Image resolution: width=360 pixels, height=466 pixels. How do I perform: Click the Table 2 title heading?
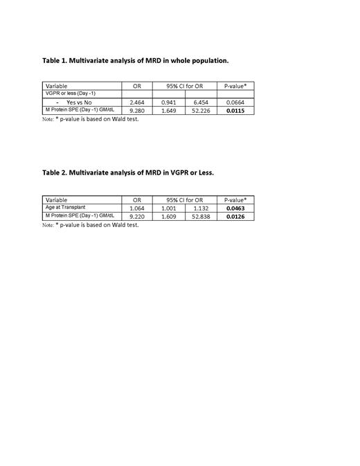point(128,172)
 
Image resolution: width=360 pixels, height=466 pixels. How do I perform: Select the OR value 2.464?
point(137,102)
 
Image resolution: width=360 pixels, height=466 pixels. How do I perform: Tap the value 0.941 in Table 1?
point(170,102)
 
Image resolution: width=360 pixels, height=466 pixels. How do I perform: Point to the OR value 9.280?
point(137,111)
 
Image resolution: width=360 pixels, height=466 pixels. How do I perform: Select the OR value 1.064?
point(137,208)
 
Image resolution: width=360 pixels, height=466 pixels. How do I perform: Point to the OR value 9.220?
point(137,217)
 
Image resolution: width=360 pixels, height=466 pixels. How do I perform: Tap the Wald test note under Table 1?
point(91,118)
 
